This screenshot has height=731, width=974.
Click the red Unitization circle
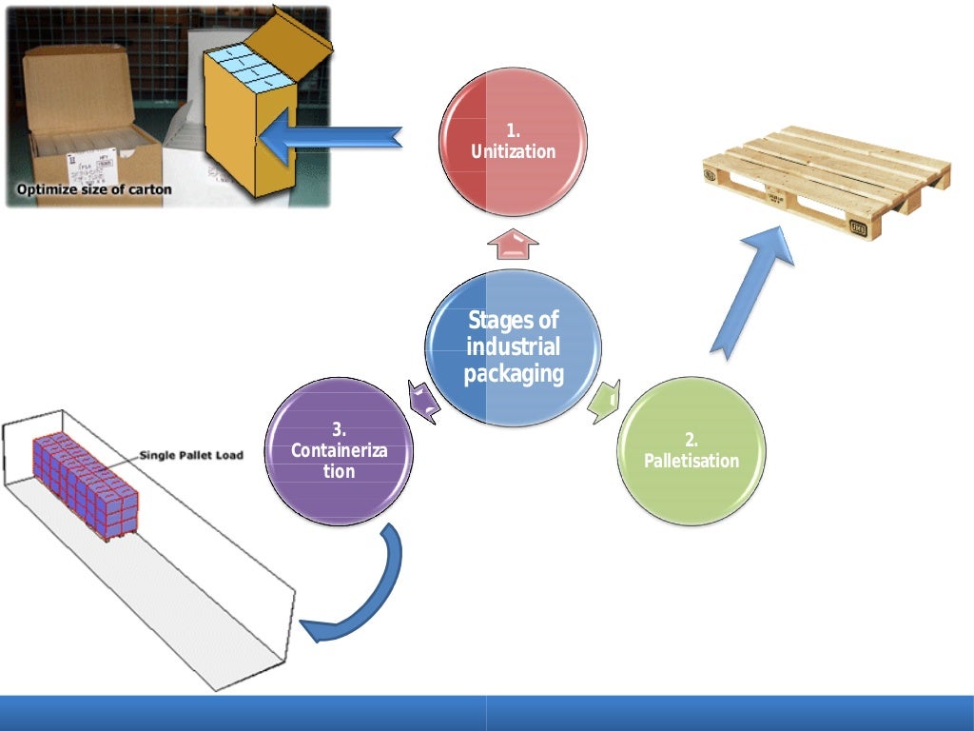(x=513, y=142)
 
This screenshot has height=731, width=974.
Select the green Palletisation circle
(x=692, y=451)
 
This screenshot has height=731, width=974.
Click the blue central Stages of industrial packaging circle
(x=513, y=346)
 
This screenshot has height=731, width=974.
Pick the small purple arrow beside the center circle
(x=423, y=400)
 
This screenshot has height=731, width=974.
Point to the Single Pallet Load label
(x=191, y=455)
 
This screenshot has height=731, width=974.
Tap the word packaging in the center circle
(x=514, y=372)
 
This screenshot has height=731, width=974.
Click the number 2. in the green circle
(x=692, y=440)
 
